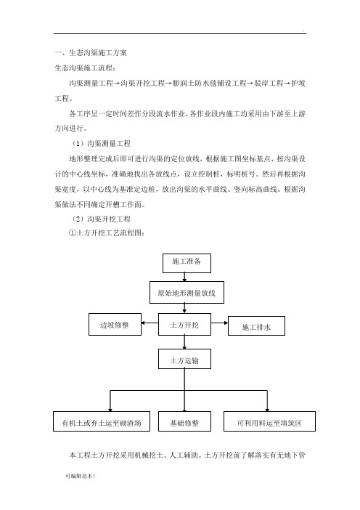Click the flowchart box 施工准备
[x=187, y=263]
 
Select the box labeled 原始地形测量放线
[x=187, y=292]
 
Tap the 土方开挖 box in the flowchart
[x=184, y=324]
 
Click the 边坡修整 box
[x=115, y=324]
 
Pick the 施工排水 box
[x=256, y=325]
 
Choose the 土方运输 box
[x=184, y=359]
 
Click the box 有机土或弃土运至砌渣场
[x=102, y=421]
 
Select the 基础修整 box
[x=184, y=421]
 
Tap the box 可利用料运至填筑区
[x=269, y=421]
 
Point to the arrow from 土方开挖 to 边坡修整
[x=150, y=323]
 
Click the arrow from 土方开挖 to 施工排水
[x=220, y=323]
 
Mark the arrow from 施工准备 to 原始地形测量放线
[x=184, y=277]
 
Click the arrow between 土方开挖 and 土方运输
[x=184, y=342]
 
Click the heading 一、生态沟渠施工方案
[x=91, y=53]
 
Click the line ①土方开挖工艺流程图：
[x=107, y=233]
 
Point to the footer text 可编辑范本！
[x=80, y=476]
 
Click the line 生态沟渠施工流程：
[x=85, y=68]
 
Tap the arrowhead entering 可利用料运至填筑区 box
[x=267, y=410]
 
